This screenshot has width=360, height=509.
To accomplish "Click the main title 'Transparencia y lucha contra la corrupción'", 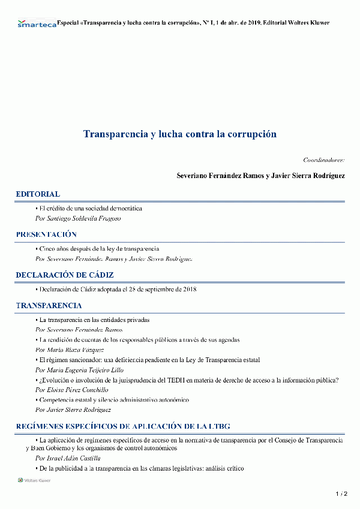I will pyautogui.click(x=180, y=134).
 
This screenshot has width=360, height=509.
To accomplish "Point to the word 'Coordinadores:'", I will pyautogui.click(x=323, y=160).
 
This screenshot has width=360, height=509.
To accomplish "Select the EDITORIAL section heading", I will pyautogui.click(x=38, y=194).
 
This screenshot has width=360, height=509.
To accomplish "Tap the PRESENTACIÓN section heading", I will pyautogui.click(x=46, y=234).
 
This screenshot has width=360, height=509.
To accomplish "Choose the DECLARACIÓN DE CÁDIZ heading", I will pyautogui.click(x=65, y=275).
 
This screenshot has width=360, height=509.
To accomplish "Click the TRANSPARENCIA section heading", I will pyautogui.click(x=49, y=306).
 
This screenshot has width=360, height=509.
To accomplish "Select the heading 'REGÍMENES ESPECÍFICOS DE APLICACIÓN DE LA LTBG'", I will pyautogui.click(x=123, y=426).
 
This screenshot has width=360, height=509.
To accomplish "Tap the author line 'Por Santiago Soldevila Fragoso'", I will pyautogui.click(x=78, y=219).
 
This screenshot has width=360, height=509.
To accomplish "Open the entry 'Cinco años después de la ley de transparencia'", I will pyautogui.click(x=98, y=249).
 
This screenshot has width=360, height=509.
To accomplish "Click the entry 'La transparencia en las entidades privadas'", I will pyautogui.click(x=94, y=320).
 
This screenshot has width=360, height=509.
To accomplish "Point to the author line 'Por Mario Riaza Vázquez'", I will pyautogui.click(x=70, y=350).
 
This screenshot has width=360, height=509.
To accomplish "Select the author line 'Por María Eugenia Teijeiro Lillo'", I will pyautogui.click(x=80, y=370).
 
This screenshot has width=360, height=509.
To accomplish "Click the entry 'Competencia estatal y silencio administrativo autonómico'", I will pyautogui.click(x=114, y=400).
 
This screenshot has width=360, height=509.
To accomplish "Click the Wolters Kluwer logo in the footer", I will pyautogui.click(x=34, y=480).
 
